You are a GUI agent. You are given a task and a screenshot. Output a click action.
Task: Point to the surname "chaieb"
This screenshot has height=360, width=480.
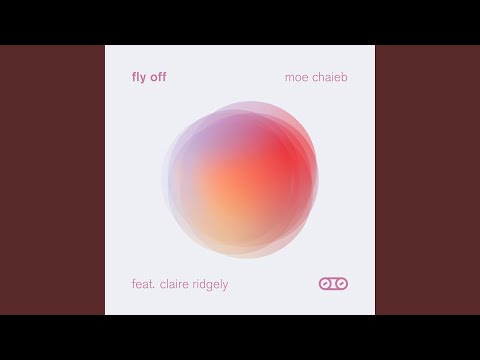tap(331, 76)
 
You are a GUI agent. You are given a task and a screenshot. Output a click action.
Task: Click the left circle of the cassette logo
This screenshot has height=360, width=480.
tap(326, 284)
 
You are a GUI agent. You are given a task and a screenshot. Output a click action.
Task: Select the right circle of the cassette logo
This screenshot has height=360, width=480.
tap(341, 284)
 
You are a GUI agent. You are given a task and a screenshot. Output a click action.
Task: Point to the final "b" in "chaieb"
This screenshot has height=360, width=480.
tap(346, 76)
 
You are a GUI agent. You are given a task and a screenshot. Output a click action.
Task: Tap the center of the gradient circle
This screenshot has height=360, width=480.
tap(240, 179)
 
